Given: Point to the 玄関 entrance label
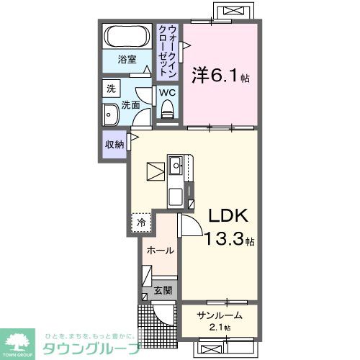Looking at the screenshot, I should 163,291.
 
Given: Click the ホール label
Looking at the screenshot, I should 159,251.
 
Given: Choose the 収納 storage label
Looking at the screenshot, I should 115,144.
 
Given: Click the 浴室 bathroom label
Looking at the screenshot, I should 127,60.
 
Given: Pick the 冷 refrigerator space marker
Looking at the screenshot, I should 142,223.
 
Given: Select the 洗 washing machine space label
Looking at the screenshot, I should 111,89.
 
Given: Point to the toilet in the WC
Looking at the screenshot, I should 168,110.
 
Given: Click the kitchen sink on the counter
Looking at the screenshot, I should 176,165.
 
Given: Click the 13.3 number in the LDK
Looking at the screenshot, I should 225,240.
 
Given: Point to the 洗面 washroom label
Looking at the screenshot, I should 130,106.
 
